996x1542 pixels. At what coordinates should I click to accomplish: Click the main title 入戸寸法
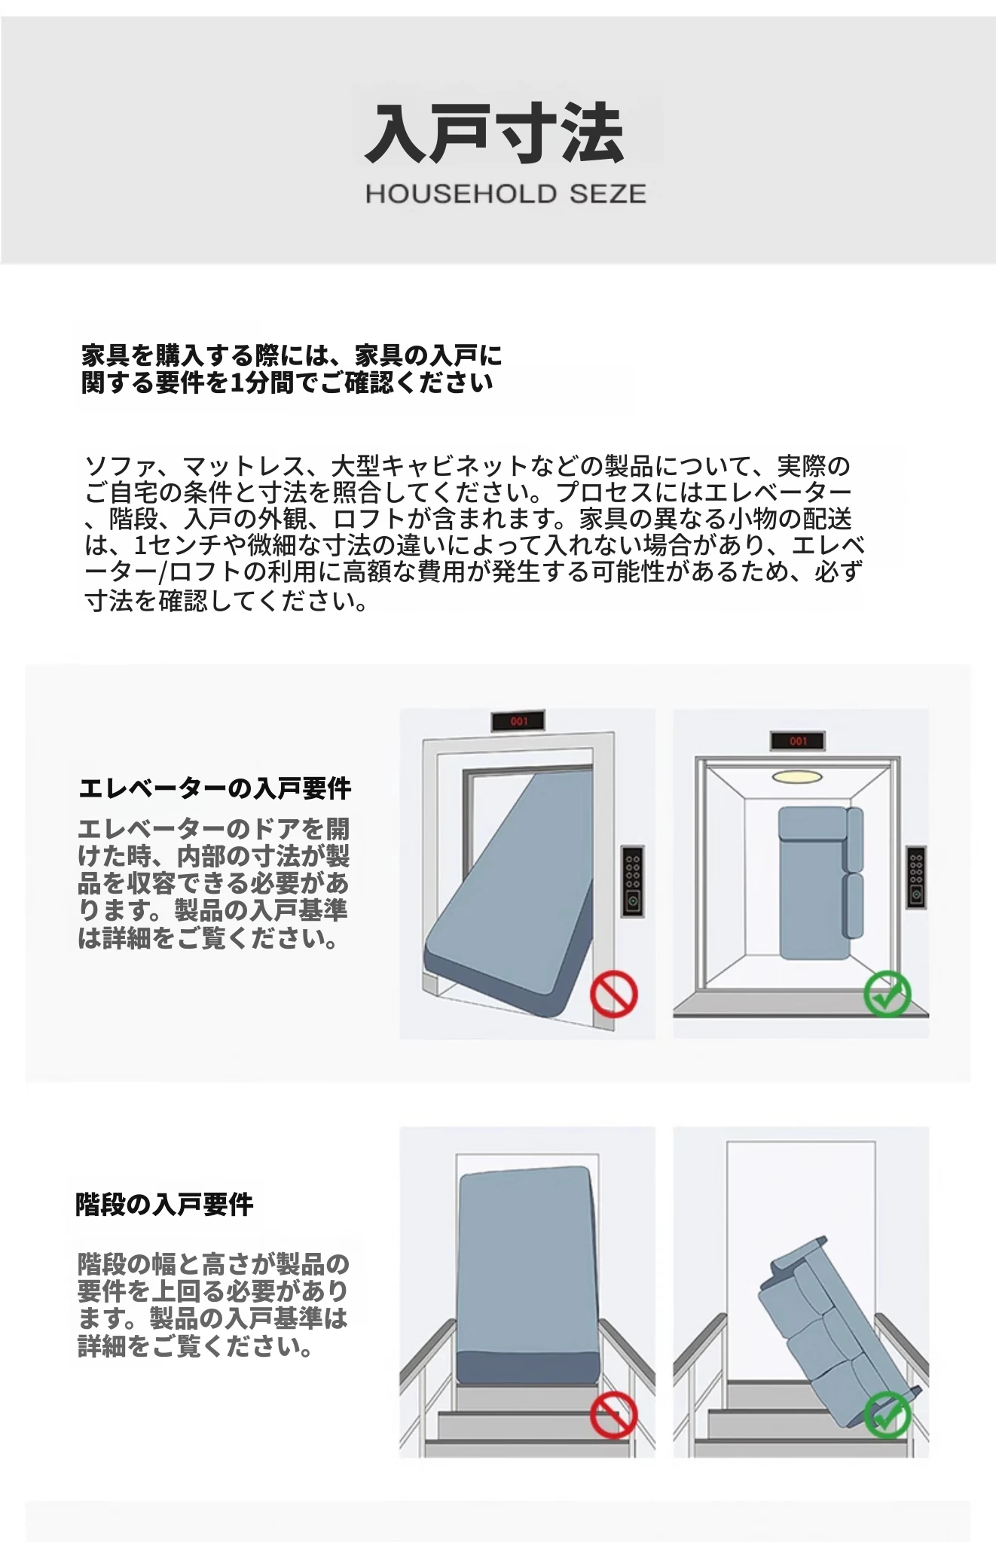[496, 134]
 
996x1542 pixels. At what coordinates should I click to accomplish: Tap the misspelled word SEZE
[608, 194]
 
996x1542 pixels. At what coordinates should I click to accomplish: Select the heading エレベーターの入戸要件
[215, 788]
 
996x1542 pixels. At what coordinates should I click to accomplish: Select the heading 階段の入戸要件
[164, 1205]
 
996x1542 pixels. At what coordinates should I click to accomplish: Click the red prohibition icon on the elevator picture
[614, 995]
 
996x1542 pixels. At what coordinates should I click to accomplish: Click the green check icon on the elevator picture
[888, 995]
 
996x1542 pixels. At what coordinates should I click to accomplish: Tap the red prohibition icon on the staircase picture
[614, 1416]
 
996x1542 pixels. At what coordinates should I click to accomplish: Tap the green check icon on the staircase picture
[888, 1416]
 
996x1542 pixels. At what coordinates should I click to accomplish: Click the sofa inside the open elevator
[821, 882]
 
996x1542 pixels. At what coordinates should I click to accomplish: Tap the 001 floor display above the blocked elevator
[519, 721]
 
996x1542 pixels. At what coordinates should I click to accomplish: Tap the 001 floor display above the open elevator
[798, 741]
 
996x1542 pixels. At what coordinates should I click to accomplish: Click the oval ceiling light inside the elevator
[798, 776]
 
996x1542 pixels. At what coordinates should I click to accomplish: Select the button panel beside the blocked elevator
[633, 881]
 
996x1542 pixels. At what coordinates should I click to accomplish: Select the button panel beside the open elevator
[915, 877]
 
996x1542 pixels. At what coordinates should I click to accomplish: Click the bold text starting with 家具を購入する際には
[292, 369]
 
